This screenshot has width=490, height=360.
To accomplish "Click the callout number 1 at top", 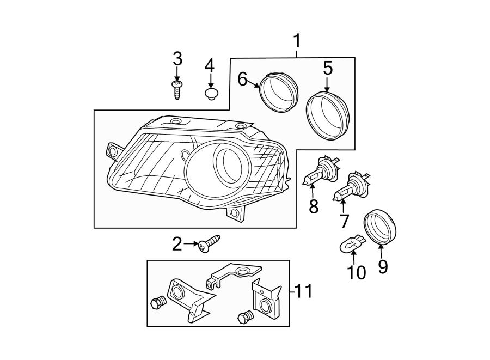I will (x=297, y=41).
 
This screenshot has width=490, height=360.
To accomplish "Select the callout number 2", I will (x=177, y=245).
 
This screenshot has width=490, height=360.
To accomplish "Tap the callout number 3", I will (x=177, y=59).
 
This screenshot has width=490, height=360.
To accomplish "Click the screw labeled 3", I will (x=177, y=89).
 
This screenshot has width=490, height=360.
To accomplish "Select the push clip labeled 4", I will (x=211, y=95).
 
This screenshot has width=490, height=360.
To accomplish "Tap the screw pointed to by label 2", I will (x=209, y=243).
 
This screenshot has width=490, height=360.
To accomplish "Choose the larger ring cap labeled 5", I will (x=329, y=114).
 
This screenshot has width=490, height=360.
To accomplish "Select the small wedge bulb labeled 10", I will (x=352, y=242).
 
